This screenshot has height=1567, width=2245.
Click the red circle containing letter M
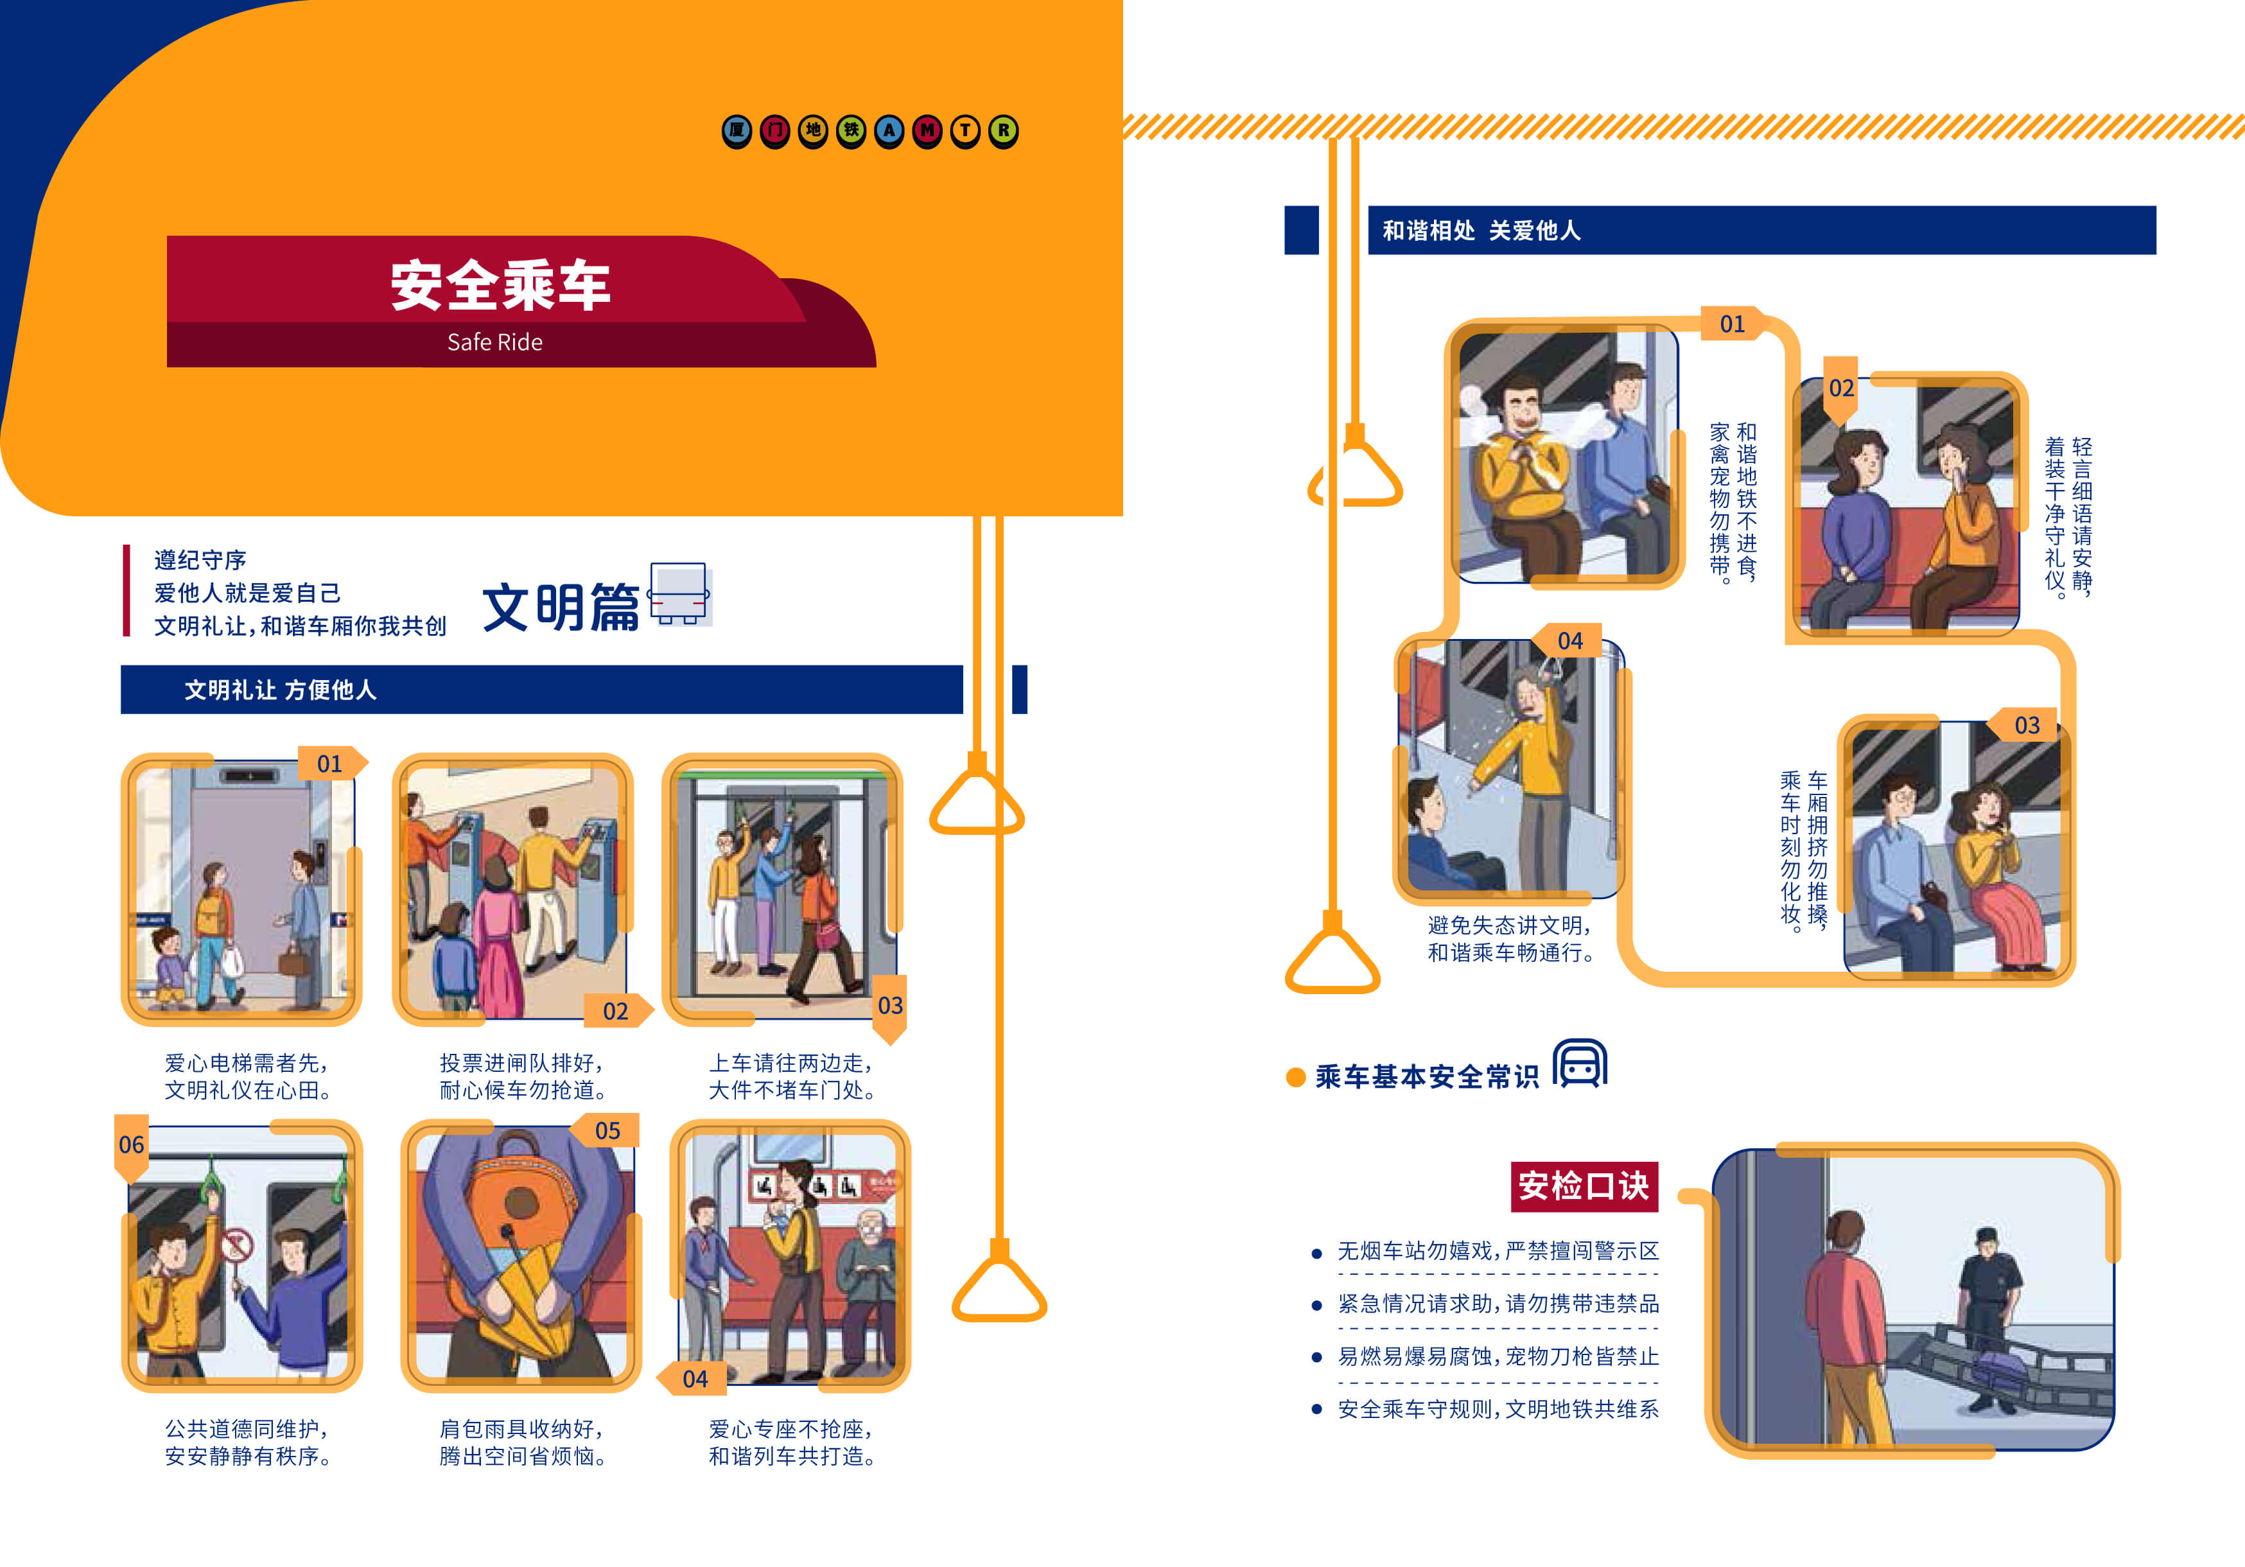tap(927, 130)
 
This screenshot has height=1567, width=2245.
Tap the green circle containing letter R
tap(1003, 130)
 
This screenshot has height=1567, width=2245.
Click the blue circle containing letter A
tap(889, 130)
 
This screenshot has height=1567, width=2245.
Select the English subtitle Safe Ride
tap(494, 342)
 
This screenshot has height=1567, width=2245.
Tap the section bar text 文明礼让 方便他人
tap(281, 690)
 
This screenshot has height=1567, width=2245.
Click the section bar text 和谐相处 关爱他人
tap(1481, 231)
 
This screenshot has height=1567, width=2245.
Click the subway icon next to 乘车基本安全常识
tap(1580, 1064)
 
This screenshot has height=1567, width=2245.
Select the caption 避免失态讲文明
tap(1508, 925)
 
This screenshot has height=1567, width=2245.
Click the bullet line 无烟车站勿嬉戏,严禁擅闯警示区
tap(1498, 1251)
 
